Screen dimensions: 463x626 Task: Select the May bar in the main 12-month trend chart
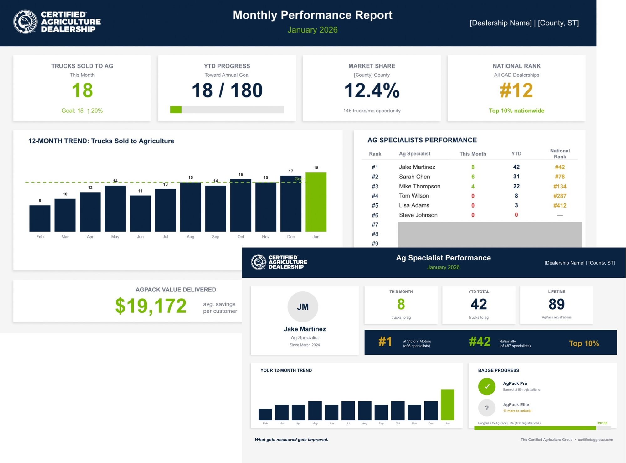[x=115, y=208]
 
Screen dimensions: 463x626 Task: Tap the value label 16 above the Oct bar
[x=240, y=174]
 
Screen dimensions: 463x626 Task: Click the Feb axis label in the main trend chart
[x=40, y=237]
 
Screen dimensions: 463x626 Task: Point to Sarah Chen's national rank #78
[x=560, y=177]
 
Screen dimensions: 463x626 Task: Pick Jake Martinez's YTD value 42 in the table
[x=516, y=167]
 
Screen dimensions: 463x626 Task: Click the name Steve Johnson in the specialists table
[x=418, y=215]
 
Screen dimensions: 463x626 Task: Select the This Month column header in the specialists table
[x=473, y=154]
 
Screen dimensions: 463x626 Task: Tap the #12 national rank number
[x=516, y=90]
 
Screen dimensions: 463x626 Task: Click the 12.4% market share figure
[x=372, y=90]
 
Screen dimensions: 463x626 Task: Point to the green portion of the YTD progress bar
[x=176, y=110]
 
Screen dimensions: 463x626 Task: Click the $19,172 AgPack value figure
[x=151, y=306]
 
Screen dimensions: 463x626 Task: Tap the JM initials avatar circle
[x=303, y=307]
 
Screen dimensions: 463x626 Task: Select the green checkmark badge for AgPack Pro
[x=486, y=387]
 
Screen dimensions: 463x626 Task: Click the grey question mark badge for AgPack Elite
[x=486, y=408]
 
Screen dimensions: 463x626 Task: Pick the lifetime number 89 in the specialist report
[x=557, y=304]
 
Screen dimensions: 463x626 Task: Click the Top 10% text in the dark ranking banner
[x=584, y=343]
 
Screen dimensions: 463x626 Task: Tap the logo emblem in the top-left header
[x=25, y=22]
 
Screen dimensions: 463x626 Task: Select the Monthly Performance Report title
[x=312, y=15]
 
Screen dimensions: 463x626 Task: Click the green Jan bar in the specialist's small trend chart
[x=447, y=405]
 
